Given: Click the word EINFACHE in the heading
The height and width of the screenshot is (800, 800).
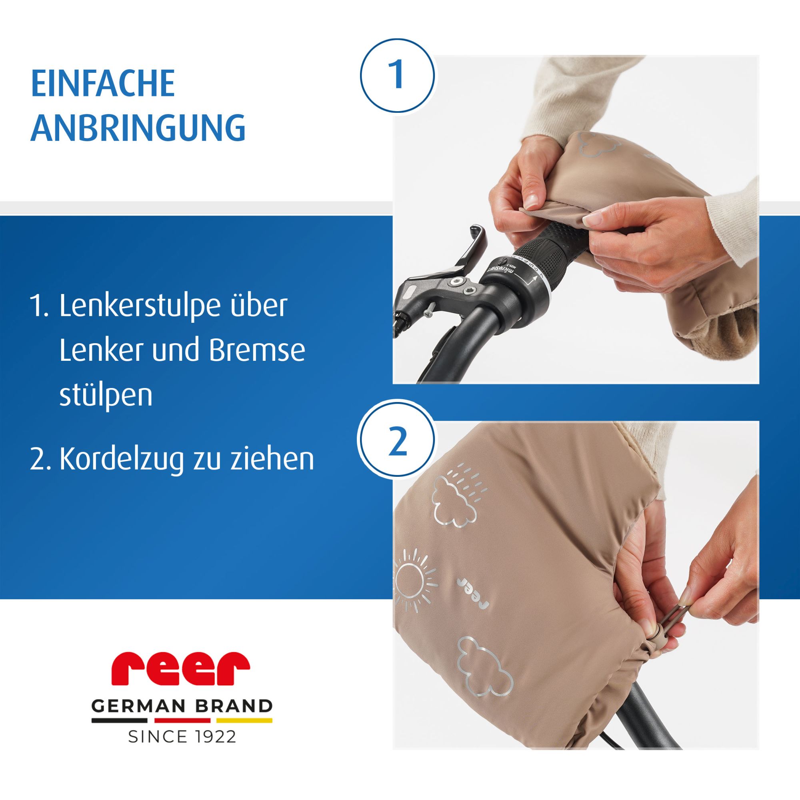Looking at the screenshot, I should pos(103,84).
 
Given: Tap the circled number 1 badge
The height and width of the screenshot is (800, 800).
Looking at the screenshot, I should pos(398,75).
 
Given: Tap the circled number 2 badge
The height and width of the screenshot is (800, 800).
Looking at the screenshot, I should pos(398,443).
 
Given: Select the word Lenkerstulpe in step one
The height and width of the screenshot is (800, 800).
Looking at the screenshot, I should pos(173,307).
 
